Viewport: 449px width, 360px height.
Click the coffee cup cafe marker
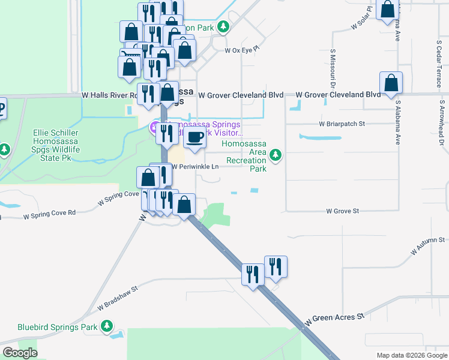coord(194,137)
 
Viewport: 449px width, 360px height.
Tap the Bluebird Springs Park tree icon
coord(106,326)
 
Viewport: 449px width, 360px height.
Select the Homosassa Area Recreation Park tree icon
coord(276,155)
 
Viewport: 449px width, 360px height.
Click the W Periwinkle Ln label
coord(195,167)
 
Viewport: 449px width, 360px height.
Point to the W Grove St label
coord(342,211)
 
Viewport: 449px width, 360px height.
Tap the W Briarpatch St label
coord(342,124)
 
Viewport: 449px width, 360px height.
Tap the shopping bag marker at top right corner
coord(388,10)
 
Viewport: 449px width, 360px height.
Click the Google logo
coord(20,353)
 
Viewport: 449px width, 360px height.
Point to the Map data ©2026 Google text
coord(411,355)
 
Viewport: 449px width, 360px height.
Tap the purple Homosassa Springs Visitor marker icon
coord(154,127)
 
